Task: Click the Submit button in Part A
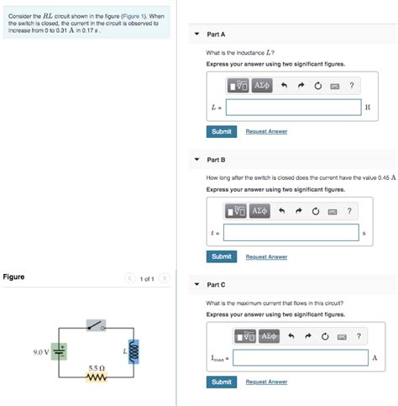[222, 131]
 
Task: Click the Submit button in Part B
[222, 256]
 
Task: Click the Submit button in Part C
[222, 382]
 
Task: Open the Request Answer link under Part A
[266, 131]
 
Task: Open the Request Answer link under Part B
[266, 256]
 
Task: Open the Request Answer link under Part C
[266, 382]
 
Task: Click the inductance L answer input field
[294, 107]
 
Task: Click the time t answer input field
[291, 232]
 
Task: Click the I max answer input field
[300, 358]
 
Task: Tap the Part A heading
[216, 34]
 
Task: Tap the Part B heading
[216, 160]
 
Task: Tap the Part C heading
[216, 285]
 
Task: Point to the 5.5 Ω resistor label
[96, 367]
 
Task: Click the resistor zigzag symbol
[97, 377]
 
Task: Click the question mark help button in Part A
[351, 85]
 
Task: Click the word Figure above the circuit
[13, 277]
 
